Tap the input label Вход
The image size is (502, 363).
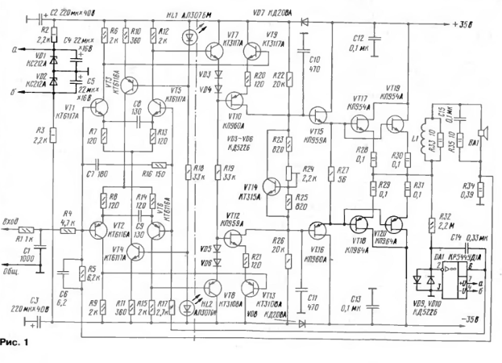pos(12,220)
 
